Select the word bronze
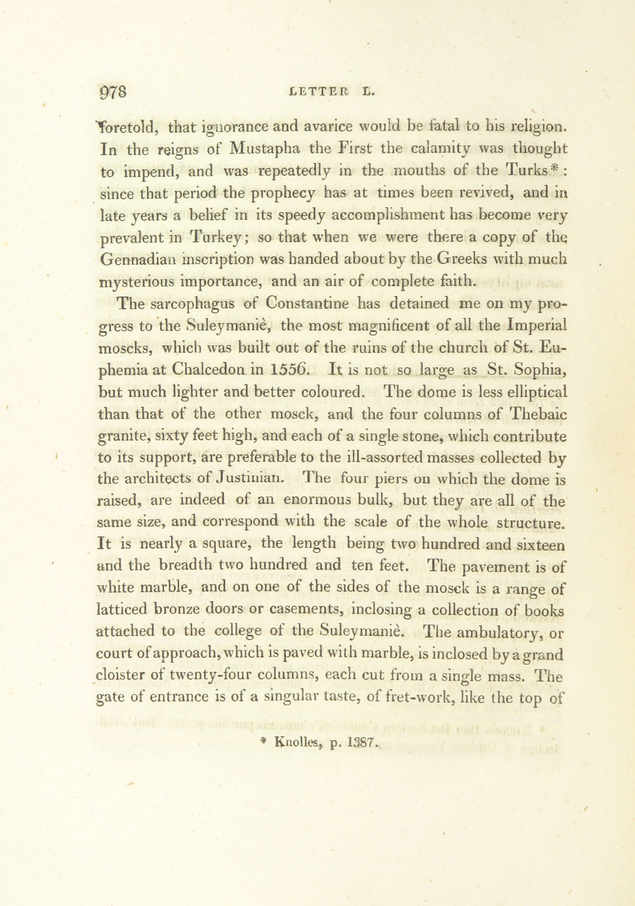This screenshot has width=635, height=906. click(177, 609)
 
